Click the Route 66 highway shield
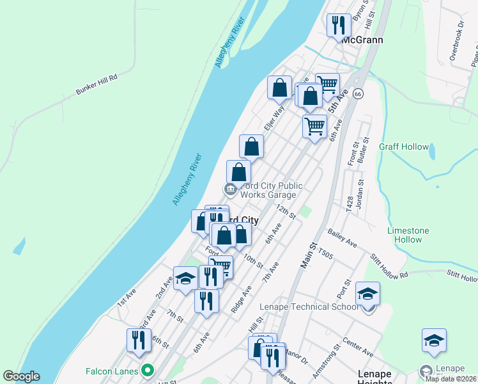coord(358,94)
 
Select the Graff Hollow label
coord(404,147)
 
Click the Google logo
coord(21,376)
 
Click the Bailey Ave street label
coord(343,239)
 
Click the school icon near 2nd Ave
coord(185,278)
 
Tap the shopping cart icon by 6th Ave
coord(314,127)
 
